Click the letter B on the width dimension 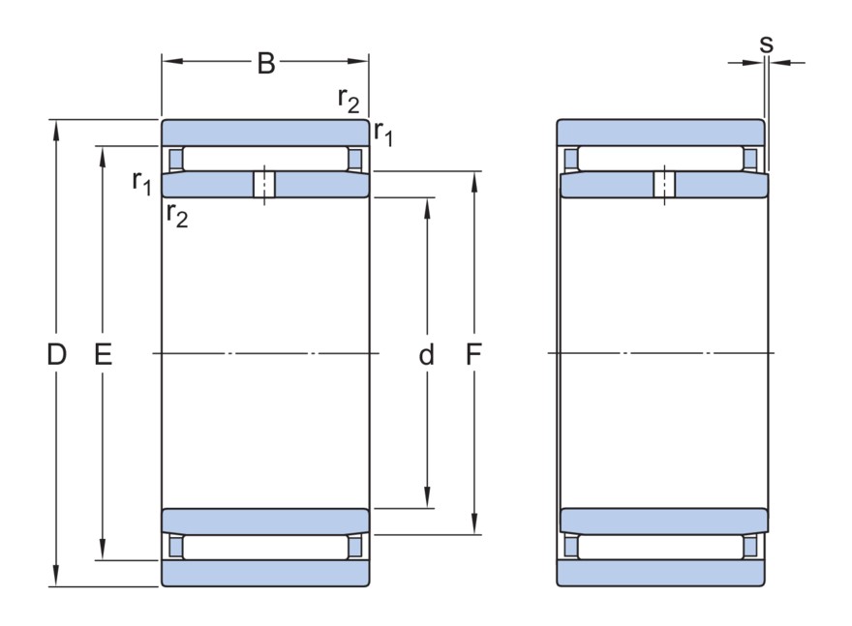265,64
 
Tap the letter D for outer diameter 56,354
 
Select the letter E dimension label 104,354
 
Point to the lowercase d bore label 427,354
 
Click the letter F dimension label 473,354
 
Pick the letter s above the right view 766,44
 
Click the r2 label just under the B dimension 349,100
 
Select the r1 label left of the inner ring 141,182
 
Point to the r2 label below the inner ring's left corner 177,214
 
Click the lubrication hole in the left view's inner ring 264,184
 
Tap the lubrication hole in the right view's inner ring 664,184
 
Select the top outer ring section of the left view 265,133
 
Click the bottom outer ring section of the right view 660,573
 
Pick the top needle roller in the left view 265,159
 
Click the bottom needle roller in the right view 660,548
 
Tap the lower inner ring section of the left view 265,522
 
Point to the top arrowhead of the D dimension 56,131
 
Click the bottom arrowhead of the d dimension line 427,496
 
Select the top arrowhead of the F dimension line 474,183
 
